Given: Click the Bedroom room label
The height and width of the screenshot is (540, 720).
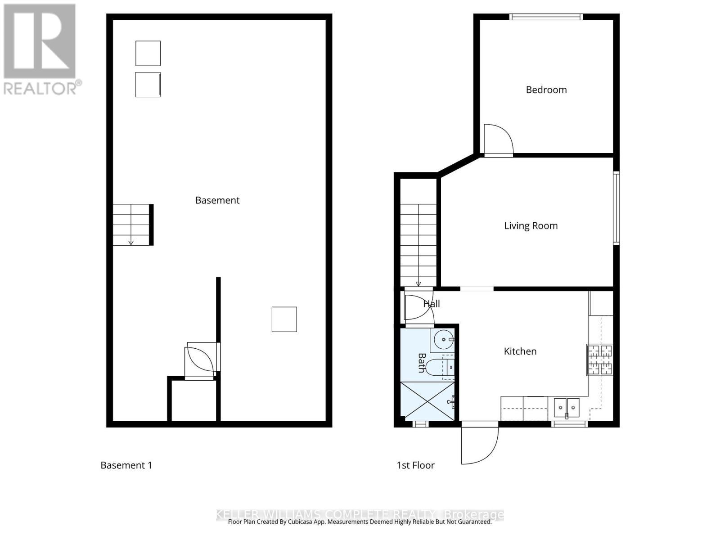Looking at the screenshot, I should point(546,90).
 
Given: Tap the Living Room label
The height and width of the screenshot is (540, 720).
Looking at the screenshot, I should point(531,225).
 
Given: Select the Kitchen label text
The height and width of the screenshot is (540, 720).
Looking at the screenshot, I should point(520,351).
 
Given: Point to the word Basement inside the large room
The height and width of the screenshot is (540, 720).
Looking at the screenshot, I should point(217,200).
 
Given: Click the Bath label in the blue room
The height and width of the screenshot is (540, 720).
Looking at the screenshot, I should point(422,363).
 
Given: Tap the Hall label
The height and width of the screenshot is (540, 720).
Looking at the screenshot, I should point(432,304).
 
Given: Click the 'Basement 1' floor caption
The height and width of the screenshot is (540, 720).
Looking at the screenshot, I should point(126,465).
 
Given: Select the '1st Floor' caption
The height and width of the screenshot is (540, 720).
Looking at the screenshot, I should point(415,465).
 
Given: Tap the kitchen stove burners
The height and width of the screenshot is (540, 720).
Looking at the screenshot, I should point(600,360).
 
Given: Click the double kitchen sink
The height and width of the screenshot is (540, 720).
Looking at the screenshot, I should point(567,408).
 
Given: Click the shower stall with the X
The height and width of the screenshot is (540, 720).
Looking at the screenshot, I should point(427,401).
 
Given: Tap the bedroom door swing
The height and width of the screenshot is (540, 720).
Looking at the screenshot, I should point(498,140).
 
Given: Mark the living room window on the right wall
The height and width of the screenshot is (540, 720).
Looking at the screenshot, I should point(616,208).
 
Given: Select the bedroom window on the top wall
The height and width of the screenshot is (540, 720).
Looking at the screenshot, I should point(546,17).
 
